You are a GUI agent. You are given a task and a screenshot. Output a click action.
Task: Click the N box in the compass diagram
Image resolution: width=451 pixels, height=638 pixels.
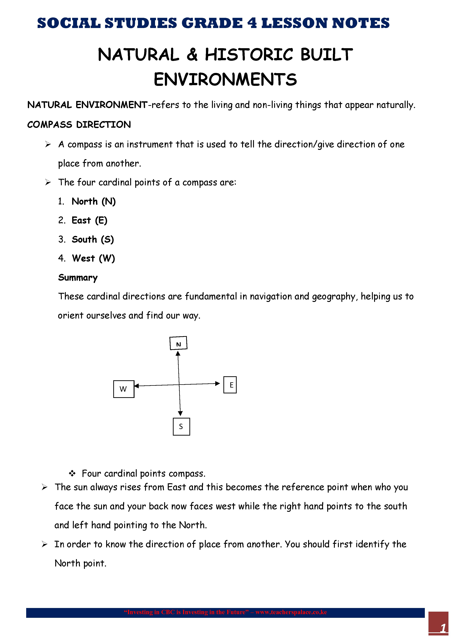(178, 343)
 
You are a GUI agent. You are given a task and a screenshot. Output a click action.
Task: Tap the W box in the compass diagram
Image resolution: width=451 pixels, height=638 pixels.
(124, 389)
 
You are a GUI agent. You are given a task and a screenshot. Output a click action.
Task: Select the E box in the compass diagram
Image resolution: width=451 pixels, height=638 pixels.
(230, 385)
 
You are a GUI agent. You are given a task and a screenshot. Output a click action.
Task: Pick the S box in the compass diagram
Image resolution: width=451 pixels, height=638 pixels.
(181, 426)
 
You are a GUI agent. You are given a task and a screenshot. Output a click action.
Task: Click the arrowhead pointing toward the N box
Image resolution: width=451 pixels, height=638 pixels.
(178, 353)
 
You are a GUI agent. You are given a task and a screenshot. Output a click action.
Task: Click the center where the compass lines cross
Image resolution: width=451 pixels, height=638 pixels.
(179, 385)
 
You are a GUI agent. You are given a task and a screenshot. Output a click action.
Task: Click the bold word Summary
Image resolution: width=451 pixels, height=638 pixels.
(78, 278)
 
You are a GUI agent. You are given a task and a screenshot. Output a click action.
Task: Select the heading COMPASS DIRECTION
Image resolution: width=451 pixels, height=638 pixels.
(79, 124)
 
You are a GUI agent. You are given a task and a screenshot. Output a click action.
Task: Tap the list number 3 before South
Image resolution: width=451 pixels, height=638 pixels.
(61, 239)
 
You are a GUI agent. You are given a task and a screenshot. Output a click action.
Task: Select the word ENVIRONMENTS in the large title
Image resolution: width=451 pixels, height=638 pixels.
(225, 79)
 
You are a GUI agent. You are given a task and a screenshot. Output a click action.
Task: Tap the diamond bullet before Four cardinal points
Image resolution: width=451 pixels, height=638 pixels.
(72, 473)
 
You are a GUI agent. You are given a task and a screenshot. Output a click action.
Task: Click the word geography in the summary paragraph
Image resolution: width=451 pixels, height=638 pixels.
(334, 296)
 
